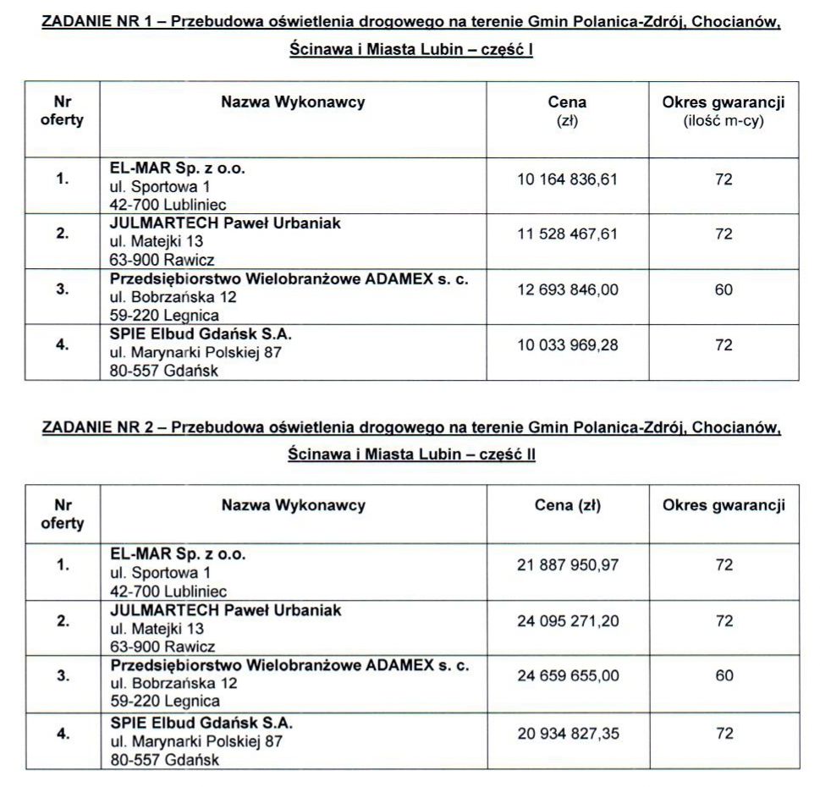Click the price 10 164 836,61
tap(567, 179)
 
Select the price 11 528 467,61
tap(567, 234)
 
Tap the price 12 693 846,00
tap(567, 289)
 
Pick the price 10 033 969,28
tap(567, 345)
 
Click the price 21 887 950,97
tap(568, 565)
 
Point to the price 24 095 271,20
tap(568, 621)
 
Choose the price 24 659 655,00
tap(568, 676)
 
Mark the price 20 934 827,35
tap(568, 733)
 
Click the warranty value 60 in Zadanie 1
tap(724, 289)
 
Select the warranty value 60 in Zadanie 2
tap(724, 676)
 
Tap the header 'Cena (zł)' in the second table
tap(567, 506)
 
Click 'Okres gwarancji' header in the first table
tap(724, 102)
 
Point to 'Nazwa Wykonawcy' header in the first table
tap(293, 102)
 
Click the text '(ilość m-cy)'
tap(724, 121)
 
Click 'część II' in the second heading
tap(507, 454)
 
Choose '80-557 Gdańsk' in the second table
tap(164, 760)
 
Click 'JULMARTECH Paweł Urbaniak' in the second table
tap(226, 610)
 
